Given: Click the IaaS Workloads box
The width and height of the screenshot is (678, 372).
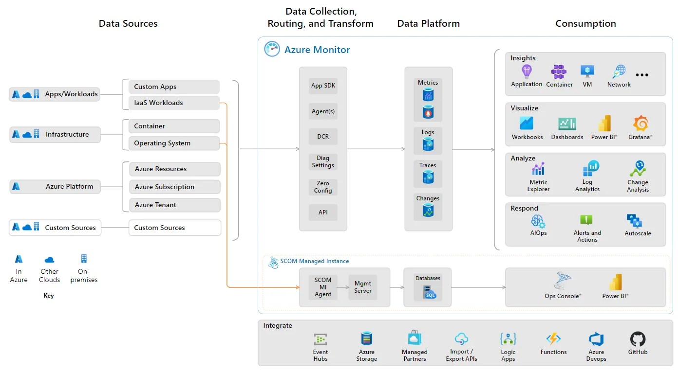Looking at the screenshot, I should [174, 103].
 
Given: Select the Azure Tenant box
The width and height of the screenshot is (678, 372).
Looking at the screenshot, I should [174, 205].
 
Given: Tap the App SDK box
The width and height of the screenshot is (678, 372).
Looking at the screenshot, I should [323, 86].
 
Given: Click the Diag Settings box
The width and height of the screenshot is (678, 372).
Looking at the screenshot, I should [323, 161].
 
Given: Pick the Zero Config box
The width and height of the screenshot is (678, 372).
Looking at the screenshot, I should [323, 187].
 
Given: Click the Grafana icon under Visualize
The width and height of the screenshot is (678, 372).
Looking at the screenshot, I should [640, 124].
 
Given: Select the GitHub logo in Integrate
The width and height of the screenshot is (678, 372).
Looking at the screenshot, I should [638, 339].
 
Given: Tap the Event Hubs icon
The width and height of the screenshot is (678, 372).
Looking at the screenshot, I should [320, 339].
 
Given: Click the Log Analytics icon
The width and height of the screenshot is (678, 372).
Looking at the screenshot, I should [590, 169].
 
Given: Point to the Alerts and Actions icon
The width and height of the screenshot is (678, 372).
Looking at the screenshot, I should [586, 220].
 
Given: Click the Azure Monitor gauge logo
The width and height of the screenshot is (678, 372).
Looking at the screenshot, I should [272, 49].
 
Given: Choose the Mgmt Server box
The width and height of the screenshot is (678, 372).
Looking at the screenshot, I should [363, 287].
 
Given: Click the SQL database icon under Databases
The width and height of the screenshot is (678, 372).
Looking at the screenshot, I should [428, 292].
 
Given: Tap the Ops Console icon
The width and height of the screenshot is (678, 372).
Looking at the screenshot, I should [563, 281].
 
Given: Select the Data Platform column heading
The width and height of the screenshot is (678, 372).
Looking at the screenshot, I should [428, 23].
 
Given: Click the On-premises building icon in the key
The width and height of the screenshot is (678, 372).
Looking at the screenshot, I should [84, 258].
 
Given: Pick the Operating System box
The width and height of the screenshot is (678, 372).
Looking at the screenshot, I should [174, 143].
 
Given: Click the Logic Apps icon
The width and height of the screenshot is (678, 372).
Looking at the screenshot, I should [508, 339].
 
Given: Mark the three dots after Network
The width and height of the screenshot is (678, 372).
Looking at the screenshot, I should [642, 75].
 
